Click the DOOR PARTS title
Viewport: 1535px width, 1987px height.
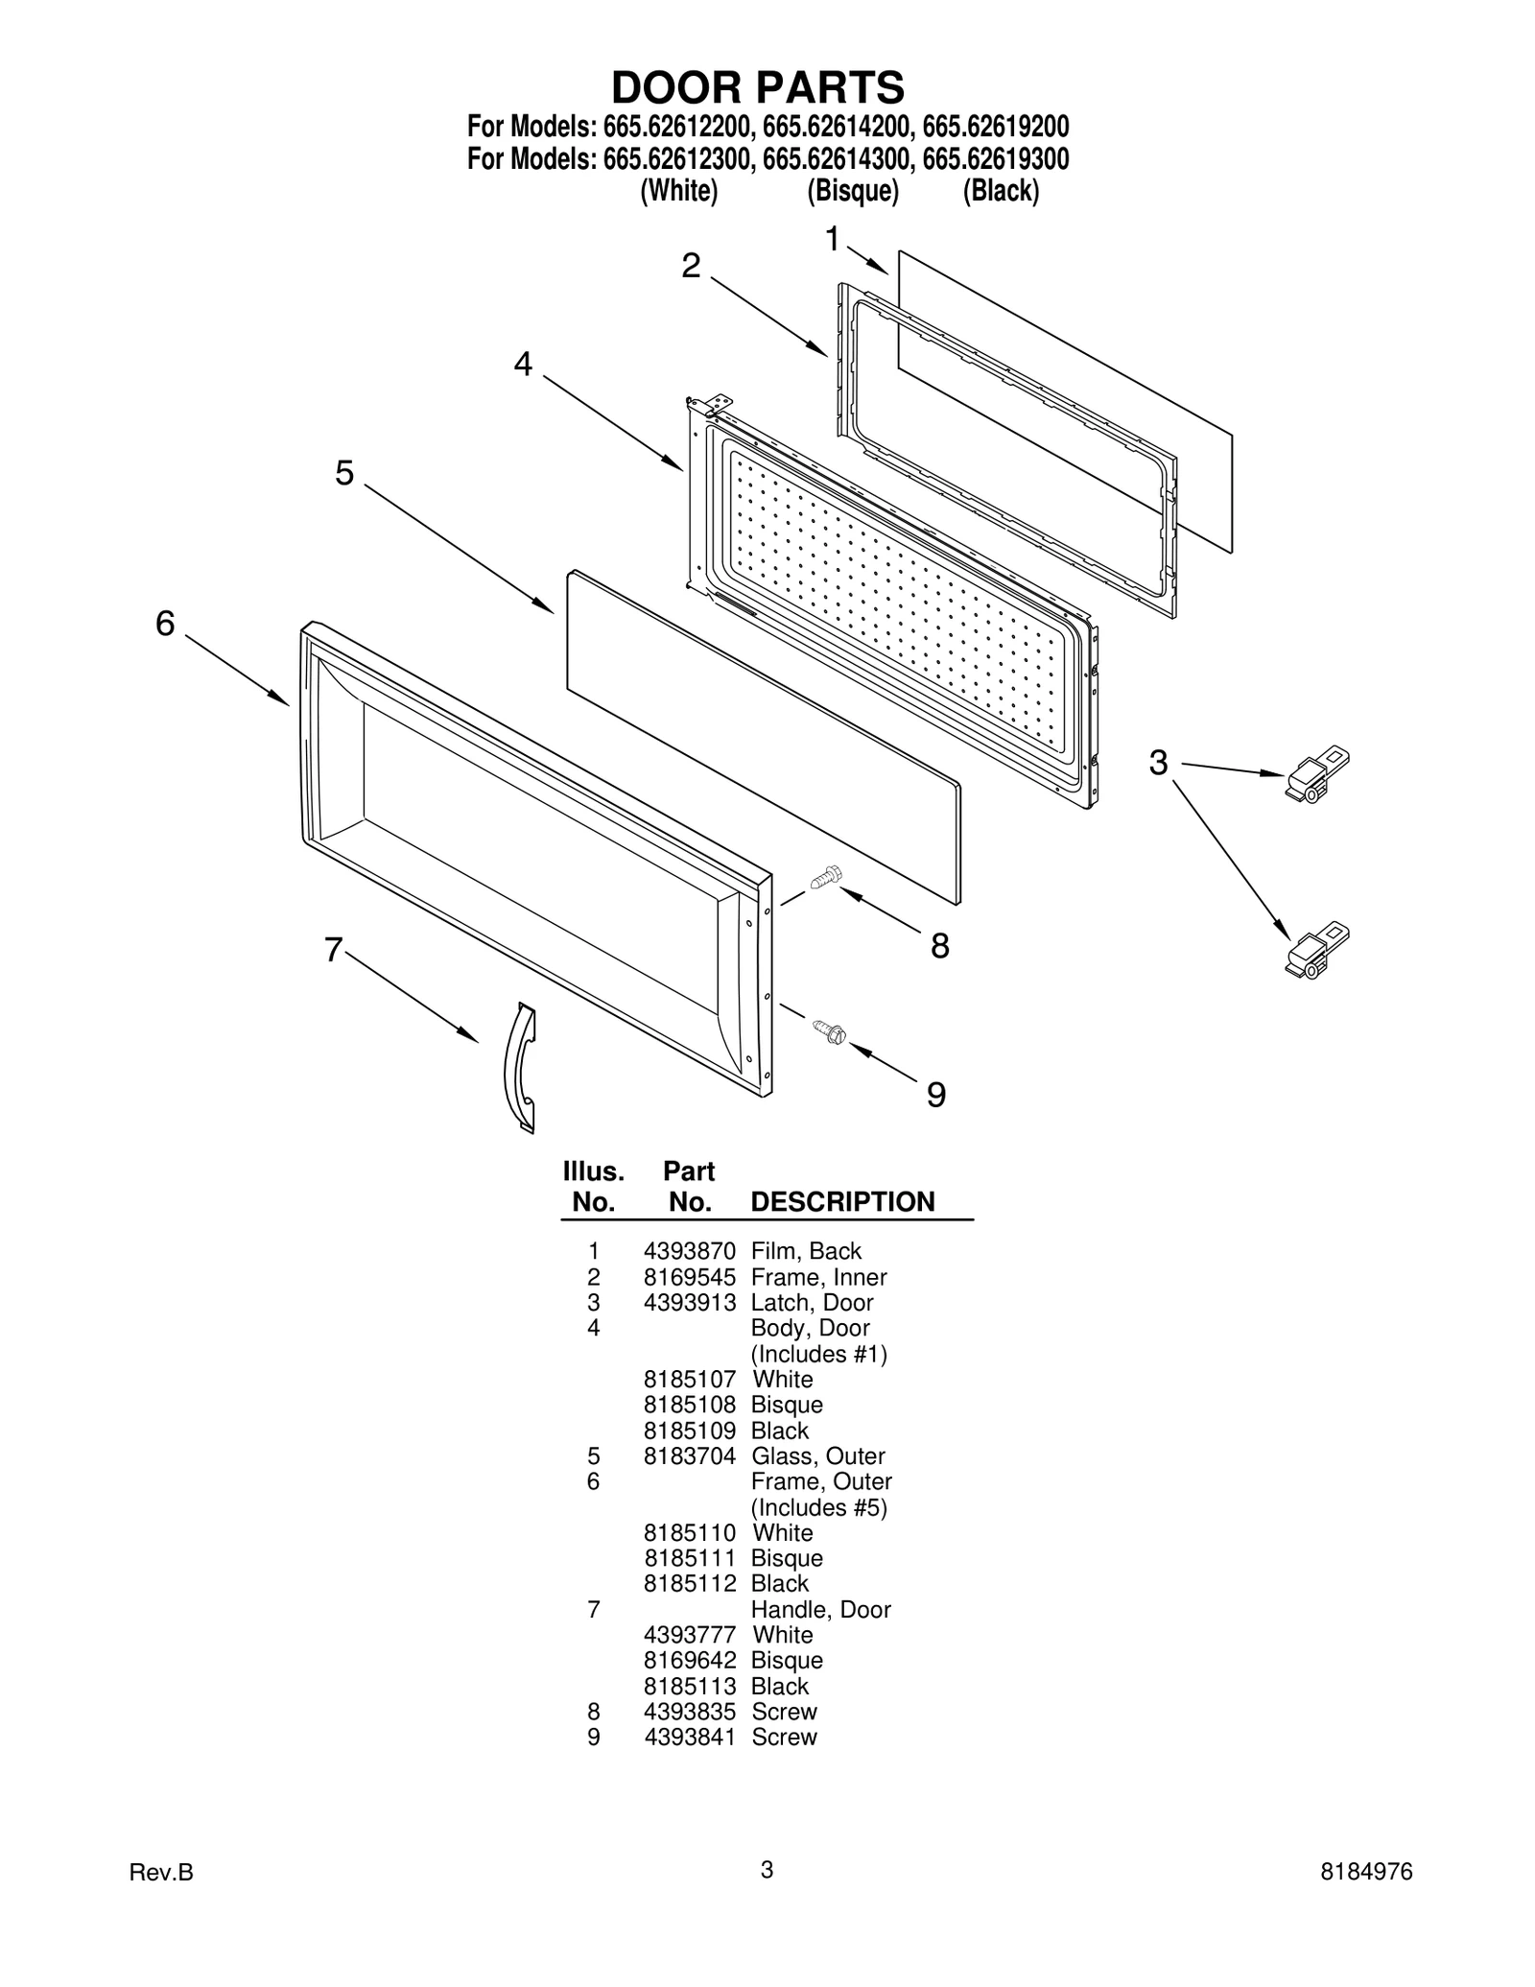click(757, 87)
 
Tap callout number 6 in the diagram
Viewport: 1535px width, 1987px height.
click(166, 624)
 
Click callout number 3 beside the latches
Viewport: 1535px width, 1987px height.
click(1159, 763)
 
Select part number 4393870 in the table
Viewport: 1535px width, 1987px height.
click(689, 1251)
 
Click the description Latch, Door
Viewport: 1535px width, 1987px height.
click(812, 1302)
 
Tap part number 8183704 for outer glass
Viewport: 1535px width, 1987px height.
click(689, 1455)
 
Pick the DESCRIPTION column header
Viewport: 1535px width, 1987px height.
click(841, 1202)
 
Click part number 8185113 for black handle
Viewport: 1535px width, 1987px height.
click(689, 1686)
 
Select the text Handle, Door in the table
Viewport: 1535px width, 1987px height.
click(820, 1609)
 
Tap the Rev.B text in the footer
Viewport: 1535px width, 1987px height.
click(161, 1872)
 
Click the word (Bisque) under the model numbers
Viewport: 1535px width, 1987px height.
click(852, 191)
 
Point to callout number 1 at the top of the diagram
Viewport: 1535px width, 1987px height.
click(833, 238)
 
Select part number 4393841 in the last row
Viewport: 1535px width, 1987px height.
click(689, 1737)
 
